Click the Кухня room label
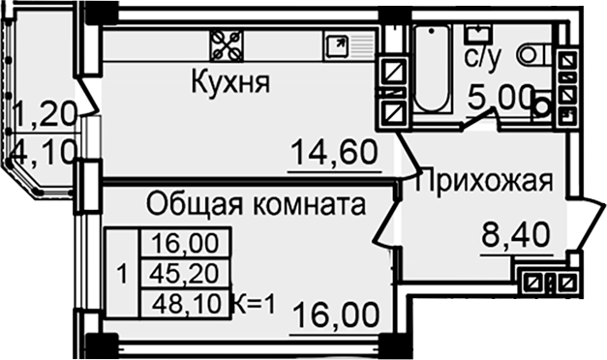click(x=228, y=83)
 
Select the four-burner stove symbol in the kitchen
click(x=227, y=45)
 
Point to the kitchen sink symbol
click(x=339, y=45)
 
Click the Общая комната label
click(x=256, y=204)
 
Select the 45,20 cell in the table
click(x=184, y=273)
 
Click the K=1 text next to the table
click(x=254, y=305)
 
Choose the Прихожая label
click(x=484, y=181)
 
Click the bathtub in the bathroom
click(x=432, y=68)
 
